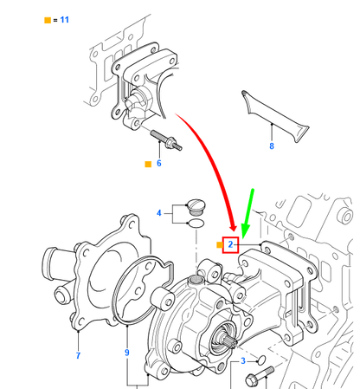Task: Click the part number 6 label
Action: pyautogui.click(x=158, y=162)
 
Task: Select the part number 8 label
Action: pyautogui.click(x=271, y=147)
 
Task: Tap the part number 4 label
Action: pyautogui.click(x=158, y=212)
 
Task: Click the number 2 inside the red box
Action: pyautogui.click(x=231, y=245)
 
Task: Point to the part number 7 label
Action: pyautogui.click(x=77, y=356)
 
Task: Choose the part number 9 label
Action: pyautogui.click(x=126, y=353)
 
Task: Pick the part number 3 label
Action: pyautogui.click(x=243, y=360)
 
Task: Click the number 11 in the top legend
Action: pyautogui.click(x=65, y=18)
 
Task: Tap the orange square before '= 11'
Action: pyautogui.click(x=47, y=18)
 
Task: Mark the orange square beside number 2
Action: pyautogui.click(x=218, y=245)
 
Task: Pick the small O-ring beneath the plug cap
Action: pyautogui.click(x=196, y=224)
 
